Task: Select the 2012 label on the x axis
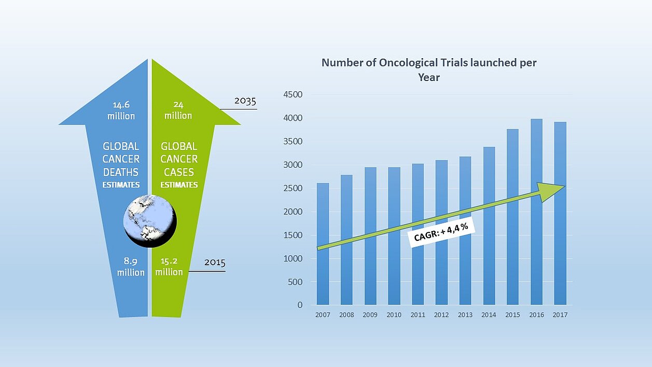(441, 315)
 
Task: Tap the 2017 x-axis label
(560, 315)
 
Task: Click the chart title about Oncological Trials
(429, 70)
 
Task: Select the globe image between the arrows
(150, 220)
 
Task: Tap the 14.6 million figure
(121, 110)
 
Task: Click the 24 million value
(178, 110)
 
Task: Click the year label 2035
(245, 101)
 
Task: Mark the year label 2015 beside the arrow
(215, 263)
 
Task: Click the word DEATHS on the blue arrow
(121, 172)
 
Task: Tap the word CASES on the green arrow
(179, 172)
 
